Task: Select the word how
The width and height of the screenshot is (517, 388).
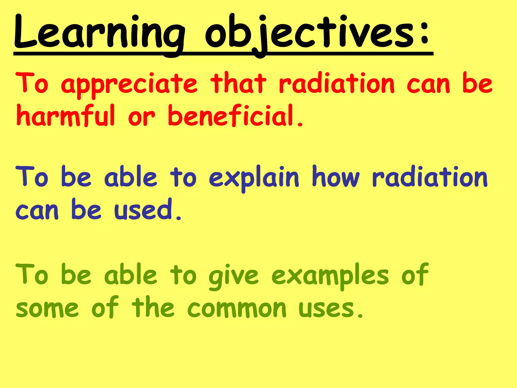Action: pos(336,177)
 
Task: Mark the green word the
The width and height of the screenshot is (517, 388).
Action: pos(153,308)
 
